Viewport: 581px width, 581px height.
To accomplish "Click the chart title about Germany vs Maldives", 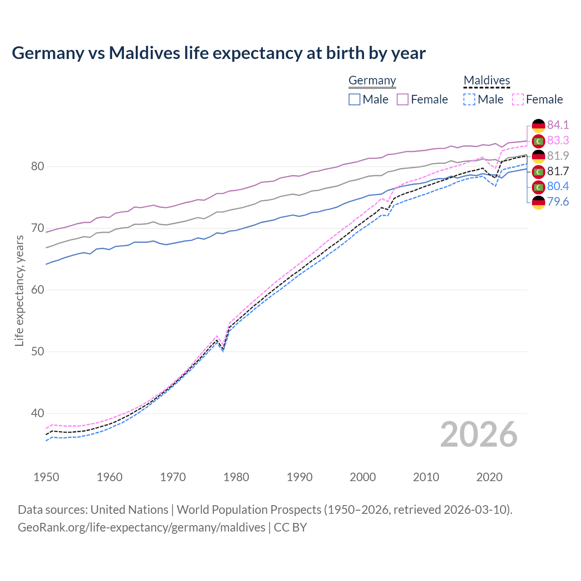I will pos(218,53).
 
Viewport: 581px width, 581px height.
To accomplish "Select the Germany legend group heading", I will pos(372,80).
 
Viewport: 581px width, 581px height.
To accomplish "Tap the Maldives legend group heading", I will pos(487,80).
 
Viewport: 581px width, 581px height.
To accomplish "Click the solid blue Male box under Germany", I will pos(355,99).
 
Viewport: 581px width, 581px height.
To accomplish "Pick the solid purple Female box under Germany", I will pos(403,99).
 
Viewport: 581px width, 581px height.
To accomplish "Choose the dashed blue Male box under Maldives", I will pos(469,99).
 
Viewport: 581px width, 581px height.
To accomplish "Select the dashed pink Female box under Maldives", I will pos(517,99).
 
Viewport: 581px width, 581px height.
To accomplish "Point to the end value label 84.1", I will pos(558,125).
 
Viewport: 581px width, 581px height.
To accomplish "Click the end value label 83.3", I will pos(558,140).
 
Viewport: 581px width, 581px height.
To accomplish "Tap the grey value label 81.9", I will pos(558,156).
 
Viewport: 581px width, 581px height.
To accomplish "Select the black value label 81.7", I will pos(558,171).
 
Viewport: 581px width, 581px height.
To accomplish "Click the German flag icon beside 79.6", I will pos(538,202).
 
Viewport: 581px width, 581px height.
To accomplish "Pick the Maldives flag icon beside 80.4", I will pos(538,187).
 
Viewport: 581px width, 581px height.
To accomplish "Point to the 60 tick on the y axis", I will pos(38,290).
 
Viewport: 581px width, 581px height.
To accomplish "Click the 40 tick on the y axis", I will pos(38,413).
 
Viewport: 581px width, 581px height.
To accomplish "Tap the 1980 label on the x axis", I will pos(236,477).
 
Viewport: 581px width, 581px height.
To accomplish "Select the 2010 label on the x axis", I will pos(426,477).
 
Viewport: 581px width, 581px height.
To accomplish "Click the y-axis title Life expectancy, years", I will pos(19,290).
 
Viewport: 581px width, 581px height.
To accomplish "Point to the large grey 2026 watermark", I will pos(479,434).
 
